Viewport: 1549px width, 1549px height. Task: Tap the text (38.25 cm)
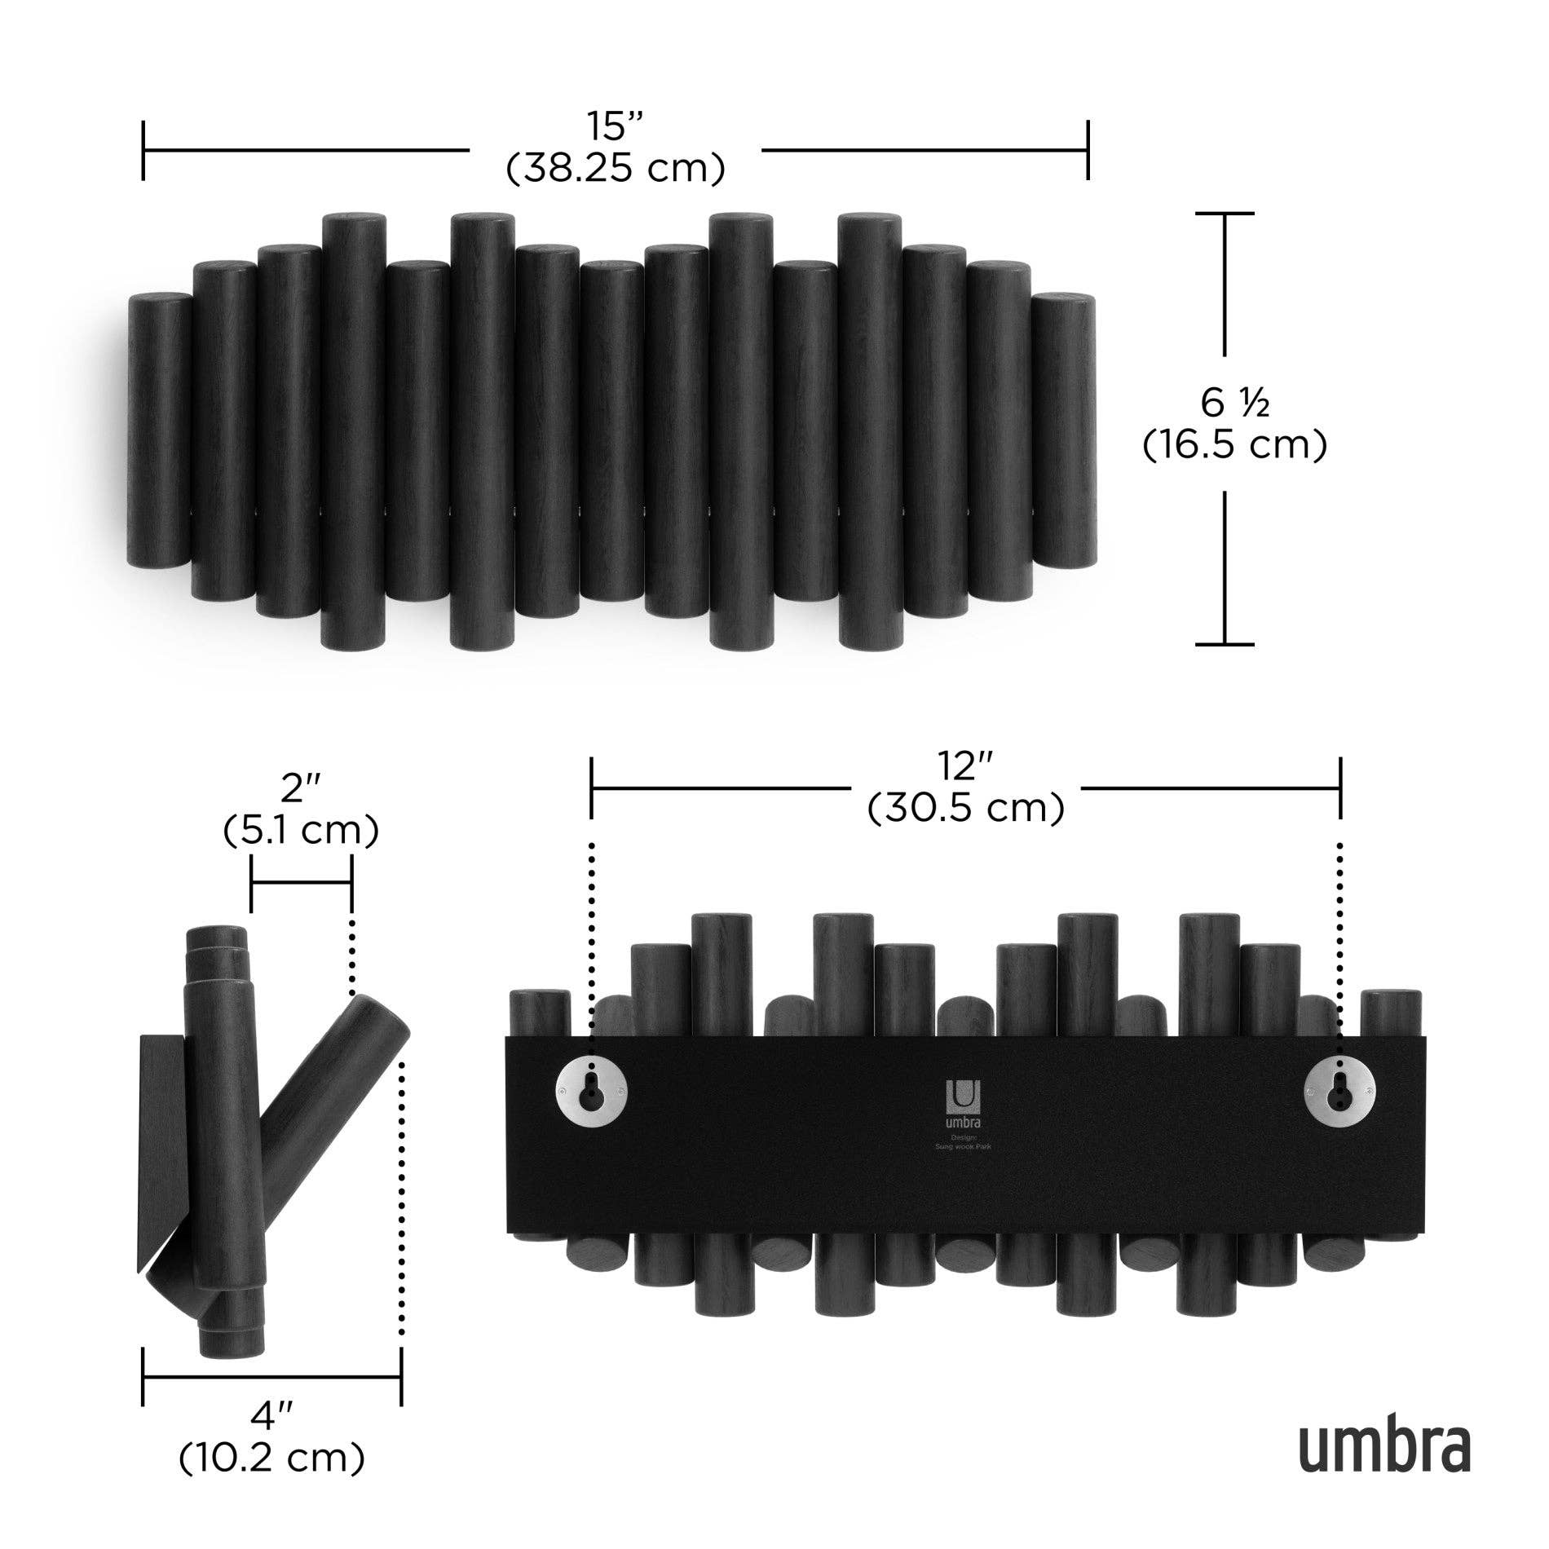(616, 169)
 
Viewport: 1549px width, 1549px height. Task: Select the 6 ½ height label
(1234, 402)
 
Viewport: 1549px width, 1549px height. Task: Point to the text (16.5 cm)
(1234, 445)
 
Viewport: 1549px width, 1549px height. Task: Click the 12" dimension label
(965, 766)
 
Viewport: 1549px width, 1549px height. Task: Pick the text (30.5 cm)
(965, 809)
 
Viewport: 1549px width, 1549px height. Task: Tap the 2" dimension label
(300, 789)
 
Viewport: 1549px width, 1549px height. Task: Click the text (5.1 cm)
(300, 832)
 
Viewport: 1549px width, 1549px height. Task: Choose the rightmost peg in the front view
(1062, 432)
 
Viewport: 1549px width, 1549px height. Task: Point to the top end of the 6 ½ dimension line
(1225, 214)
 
